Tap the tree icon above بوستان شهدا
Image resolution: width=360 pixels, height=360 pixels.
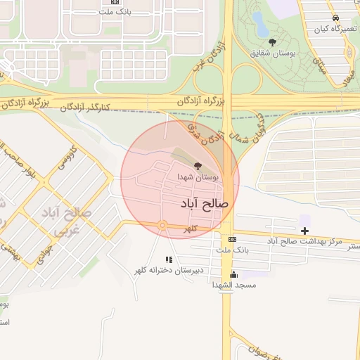point(198,167)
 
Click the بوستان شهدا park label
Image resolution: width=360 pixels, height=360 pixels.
point(198,177)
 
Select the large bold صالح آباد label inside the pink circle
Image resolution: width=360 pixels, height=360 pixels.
point(205,203)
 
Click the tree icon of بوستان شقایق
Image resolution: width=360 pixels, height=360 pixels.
point(274,42)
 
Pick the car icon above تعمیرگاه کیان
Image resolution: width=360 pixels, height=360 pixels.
point(335,18)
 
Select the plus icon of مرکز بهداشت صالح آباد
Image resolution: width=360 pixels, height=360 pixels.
point(304,230)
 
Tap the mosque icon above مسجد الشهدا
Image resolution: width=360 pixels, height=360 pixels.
point(234,274)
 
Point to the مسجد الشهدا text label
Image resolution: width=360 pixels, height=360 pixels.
point(234,285)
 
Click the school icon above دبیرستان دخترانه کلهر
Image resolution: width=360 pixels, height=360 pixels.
point(168,259)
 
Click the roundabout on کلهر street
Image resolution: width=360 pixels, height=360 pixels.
point(162,225)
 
